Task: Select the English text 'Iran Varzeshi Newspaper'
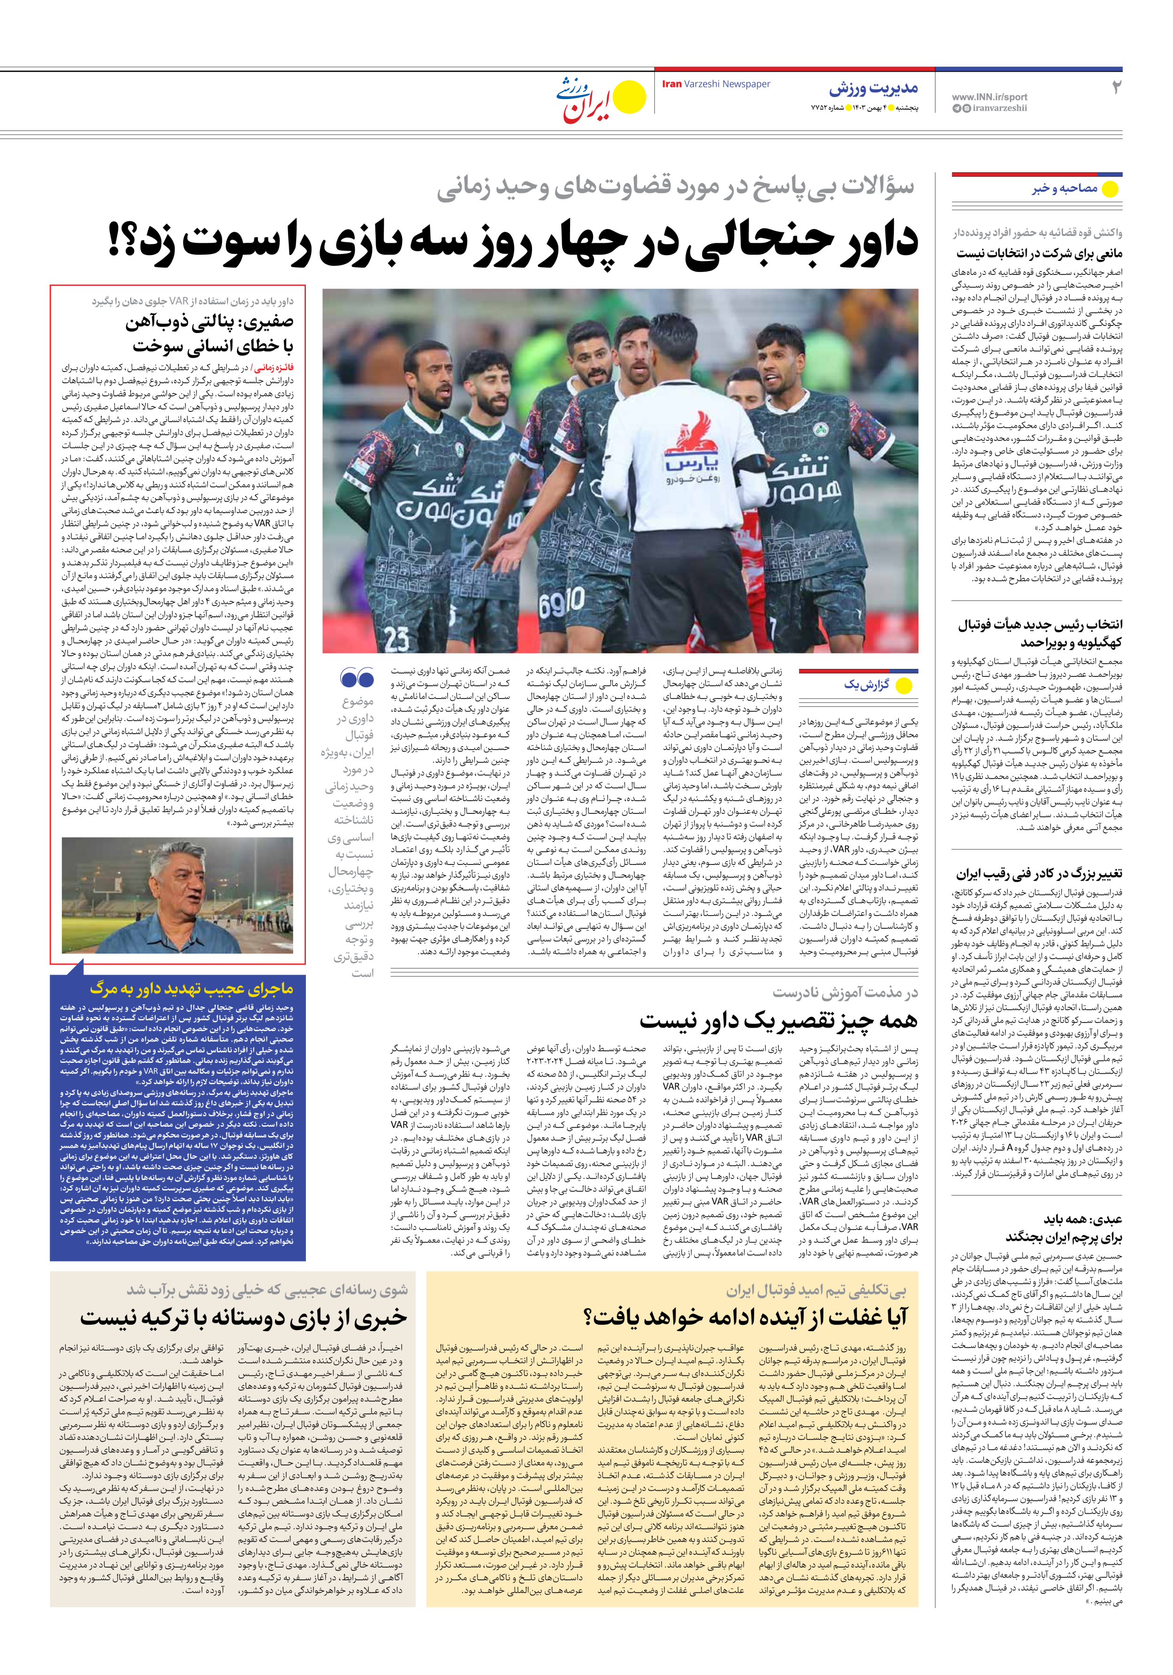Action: point(716,84)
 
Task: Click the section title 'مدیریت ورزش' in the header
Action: point(873,89)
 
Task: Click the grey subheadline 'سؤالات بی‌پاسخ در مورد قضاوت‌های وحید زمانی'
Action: point(675,188)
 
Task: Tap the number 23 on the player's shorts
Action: point(396,639)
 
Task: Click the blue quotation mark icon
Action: point(357,678)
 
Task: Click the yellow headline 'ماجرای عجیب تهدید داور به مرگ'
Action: point(191,988)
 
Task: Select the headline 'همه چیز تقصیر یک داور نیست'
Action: point(778,1020)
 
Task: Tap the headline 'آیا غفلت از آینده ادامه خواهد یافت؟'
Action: point(745,1316)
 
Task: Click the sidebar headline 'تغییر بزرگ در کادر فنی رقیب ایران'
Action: point(1039,874)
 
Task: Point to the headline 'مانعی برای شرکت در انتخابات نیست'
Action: point(1039,254)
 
